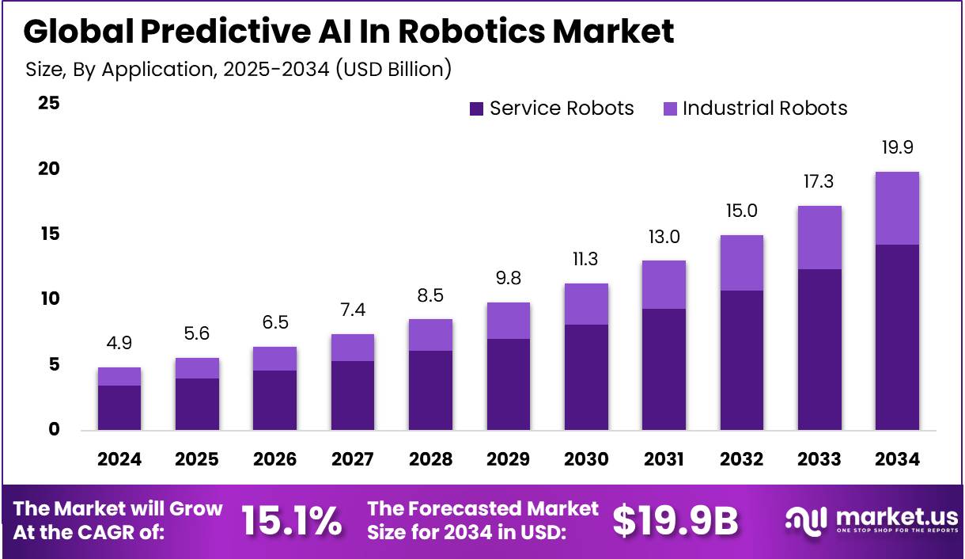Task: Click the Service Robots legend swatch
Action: click(x=476, y=109)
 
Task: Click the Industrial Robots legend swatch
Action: click(x=669, y=109)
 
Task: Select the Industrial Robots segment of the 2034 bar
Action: click(x=897, y=208)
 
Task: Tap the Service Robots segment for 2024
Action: click(x=119, y=408)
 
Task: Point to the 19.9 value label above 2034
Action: click(x=897, y=147)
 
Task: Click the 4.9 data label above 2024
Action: click(x=119, y=344)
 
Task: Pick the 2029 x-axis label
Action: click(x=508, y=460)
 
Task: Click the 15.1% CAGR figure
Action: click(x=291, y=521)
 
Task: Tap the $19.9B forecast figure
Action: click(x=675, y=521)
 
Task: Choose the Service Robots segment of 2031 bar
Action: click(x=664, y=369)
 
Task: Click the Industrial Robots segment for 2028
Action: click(x=430, y=335)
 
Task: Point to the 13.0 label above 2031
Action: click(x=664, y=237)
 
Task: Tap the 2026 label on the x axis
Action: click(x=274, y=460)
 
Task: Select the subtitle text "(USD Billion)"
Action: click(x=393, y=70)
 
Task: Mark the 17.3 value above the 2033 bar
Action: click(x=819, y=181)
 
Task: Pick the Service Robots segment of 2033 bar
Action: click(x=819, y=349)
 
